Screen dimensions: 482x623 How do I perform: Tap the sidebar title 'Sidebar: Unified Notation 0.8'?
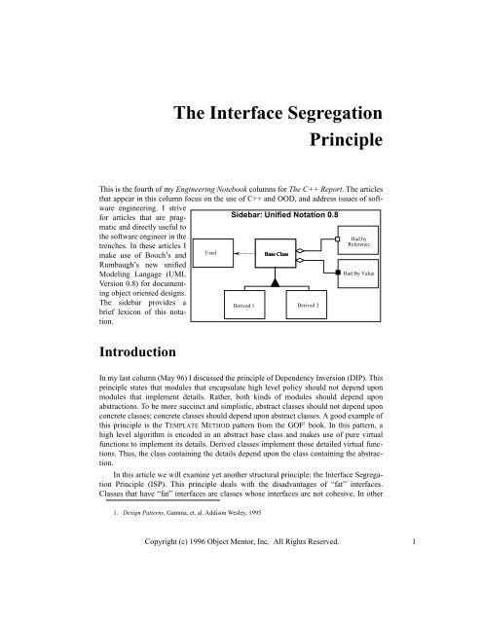pos(285,212)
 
